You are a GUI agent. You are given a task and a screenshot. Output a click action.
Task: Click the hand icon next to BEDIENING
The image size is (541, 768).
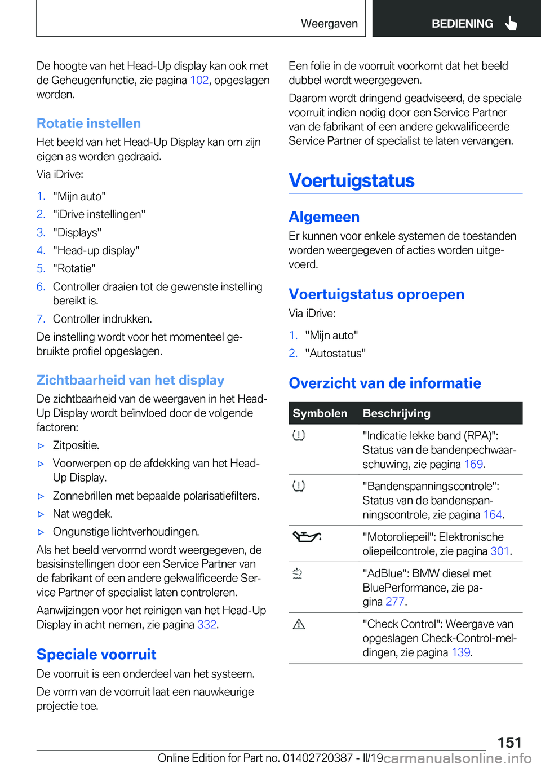point(511,23)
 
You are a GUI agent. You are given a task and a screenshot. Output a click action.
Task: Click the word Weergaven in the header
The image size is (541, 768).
point(329,24)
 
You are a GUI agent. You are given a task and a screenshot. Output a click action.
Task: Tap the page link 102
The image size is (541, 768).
point(199,80)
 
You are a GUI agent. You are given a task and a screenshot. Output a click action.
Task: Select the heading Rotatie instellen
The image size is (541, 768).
point(88,123)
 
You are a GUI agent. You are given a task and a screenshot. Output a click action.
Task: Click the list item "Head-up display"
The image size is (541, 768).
point(96,250)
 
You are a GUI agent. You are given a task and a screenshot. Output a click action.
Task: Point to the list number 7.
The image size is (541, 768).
point(41,319)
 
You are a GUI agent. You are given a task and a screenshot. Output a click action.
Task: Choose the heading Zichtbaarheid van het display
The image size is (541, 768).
point(130,380)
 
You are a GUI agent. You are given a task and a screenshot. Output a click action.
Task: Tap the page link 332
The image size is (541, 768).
point(206,624)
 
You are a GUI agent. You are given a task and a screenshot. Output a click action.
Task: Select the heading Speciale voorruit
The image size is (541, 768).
point(96,654)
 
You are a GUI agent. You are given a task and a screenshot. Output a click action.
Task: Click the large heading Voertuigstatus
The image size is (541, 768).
point(352,180)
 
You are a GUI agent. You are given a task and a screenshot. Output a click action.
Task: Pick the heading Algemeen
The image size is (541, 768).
point(324,217)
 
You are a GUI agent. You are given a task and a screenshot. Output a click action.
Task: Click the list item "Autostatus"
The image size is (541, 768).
point(335,353)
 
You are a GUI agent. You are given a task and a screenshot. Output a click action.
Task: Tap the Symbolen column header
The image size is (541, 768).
point(320,413)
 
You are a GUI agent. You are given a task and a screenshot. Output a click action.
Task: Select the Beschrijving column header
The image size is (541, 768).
point(396,413)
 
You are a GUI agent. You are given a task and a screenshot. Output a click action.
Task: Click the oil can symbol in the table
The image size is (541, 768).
point(307,537)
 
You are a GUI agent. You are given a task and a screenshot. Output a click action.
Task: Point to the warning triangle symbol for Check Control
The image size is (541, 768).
point(299,624)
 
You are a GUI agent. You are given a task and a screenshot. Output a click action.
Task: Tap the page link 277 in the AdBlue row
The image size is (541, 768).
point(394,602)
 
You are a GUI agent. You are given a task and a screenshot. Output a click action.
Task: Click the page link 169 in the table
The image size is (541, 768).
point(473,464)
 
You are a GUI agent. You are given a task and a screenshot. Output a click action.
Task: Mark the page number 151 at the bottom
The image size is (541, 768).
point(509,742)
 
